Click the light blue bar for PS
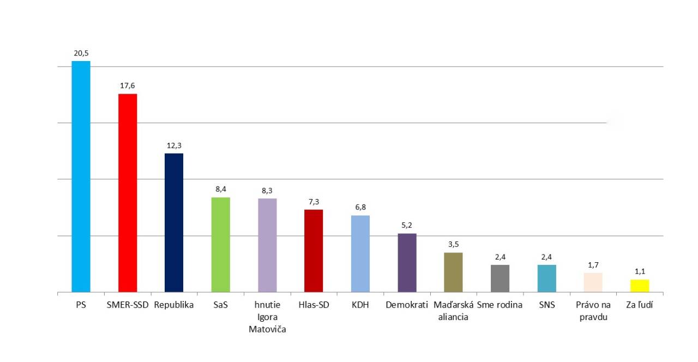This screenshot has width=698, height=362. [x=81, y=177]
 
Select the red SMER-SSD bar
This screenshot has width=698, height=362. [x=128, y=193]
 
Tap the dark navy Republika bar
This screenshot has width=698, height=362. [x=174, y=222]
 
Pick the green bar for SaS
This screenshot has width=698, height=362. [x=220, y=245]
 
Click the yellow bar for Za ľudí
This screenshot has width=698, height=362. [x=640, y=286]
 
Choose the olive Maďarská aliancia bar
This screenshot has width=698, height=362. [x=453, y=272]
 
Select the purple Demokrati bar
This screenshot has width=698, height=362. [x=407, y=263]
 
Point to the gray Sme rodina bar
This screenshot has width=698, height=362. [x=500, y=279]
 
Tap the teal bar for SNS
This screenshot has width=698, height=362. [x=546, y=279]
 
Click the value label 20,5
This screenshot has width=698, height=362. [x=81, y=53]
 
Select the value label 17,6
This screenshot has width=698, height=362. [x=128, y=86]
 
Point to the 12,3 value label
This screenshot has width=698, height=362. [x=174, y=146]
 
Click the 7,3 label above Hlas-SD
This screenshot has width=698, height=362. [x=314, y=202]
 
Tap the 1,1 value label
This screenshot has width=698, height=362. [x=640, y=271]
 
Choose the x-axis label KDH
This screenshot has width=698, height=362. [x=360, y=305]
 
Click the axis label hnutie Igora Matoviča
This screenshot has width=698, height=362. [x=267, y=317]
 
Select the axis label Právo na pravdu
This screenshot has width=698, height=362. [x=593, y=311]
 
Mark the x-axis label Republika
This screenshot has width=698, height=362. [x=174, y=305]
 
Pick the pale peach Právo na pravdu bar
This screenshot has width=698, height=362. [x=593, y=282]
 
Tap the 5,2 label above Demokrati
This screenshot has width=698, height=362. [x=407, y=226]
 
